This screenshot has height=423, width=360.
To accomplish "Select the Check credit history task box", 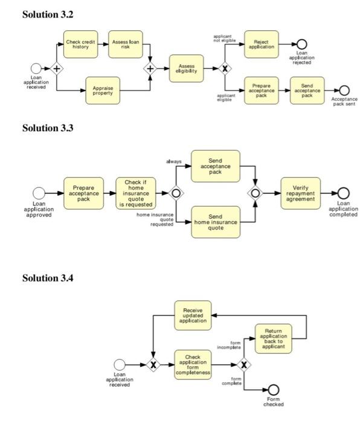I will tap(80, 44).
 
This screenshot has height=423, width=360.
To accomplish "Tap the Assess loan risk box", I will tap(126, 44).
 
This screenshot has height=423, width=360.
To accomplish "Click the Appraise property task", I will tap(103, 90).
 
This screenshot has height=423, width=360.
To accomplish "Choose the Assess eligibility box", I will tap(186, 68).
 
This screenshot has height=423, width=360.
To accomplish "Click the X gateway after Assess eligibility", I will tap(225, 68).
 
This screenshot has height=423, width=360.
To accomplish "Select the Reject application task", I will tap(262, 44).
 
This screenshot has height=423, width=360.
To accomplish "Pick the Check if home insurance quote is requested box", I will tap(135, 193).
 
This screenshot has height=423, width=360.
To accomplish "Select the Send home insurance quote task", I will tap(215, 221).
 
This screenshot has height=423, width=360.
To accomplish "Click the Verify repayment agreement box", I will tap(300, 193).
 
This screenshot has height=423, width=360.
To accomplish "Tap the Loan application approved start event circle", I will tap(39, 193).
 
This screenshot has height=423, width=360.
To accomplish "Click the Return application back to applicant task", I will tap(273, 338).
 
